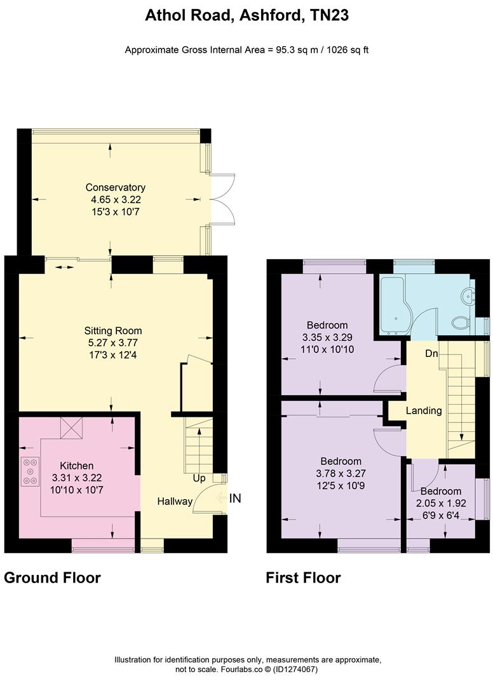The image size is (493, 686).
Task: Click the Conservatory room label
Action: coord(116,187)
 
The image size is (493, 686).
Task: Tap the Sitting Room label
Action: coord(113,331)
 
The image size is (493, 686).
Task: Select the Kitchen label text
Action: coord(76,466)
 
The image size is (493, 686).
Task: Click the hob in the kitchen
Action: coord(30,471)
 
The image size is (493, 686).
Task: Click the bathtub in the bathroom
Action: coord(395,305)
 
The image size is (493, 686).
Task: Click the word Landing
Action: coord(424,411)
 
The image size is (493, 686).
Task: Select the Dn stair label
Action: coord(431,354)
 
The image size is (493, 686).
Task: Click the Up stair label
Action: coord(199,479)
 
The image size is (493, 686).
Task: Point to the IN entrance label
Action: coord(235,499)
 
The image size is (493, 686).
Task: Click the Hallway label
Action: coord(175,501)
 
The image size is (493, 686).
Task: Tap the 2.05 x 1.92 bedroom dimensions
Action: coord(441,504)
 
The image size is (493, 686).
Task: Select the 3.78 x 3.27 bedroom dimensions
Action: coord(341,473)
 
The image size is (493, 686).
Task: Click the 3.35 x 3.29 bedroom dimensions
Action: coord(327,337)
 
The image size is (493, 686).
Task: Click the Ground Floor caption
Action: coord(52,578)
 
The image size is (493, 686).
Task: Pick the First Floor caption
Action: coord(303,578)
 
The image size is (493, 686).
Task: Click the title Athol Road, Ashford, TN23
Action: coord(246,15)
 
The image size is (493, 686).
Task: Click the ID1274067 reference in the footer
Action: coord(295,670)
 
